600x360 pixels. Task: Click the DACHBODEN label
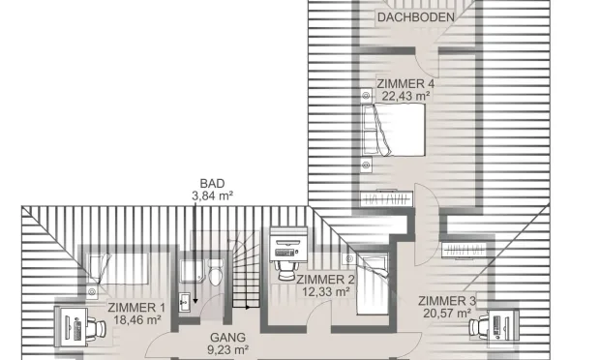(x=416, y=17)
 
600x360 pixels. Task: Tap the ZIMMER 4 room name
(x=405, y=84)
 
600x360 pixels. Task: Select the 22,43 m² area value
(x=405, y=96)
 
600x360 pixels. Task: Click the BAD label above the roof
(x=212, y=184)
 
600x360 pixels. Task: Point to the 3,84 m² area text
(x=212, y=195)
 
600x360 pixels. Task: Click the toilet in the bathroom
(x=216, y=272)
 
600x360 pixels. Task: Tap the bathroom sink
(x=185, y=302)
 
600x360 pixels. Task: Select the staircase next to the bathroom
(x=245, y=272)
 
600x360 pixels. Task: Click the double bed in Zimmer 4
(x=394, y=130)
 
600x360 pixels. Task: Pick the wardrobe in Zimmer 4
(x=387, y=199)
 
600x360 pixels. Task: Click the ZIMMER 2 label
(x=325, y=280)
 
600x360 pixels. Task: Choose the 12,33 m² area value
(x=325, y=292)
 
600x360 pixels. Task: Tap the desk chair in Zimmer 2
(x=287, y=271)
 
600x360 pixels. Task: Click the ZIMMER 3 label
(x=447, y=301)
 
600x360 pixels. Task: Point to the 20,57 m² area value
(x=447, y=314)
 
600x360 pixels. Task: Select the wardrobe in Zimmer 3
(x=465, y=251)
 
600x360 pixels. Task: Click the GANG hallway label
(x=227, y=338)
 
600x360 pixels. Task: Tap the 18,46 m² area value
(x=137, y=319)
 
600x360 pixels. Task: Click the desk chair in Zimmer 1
(x=97, y=328)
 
